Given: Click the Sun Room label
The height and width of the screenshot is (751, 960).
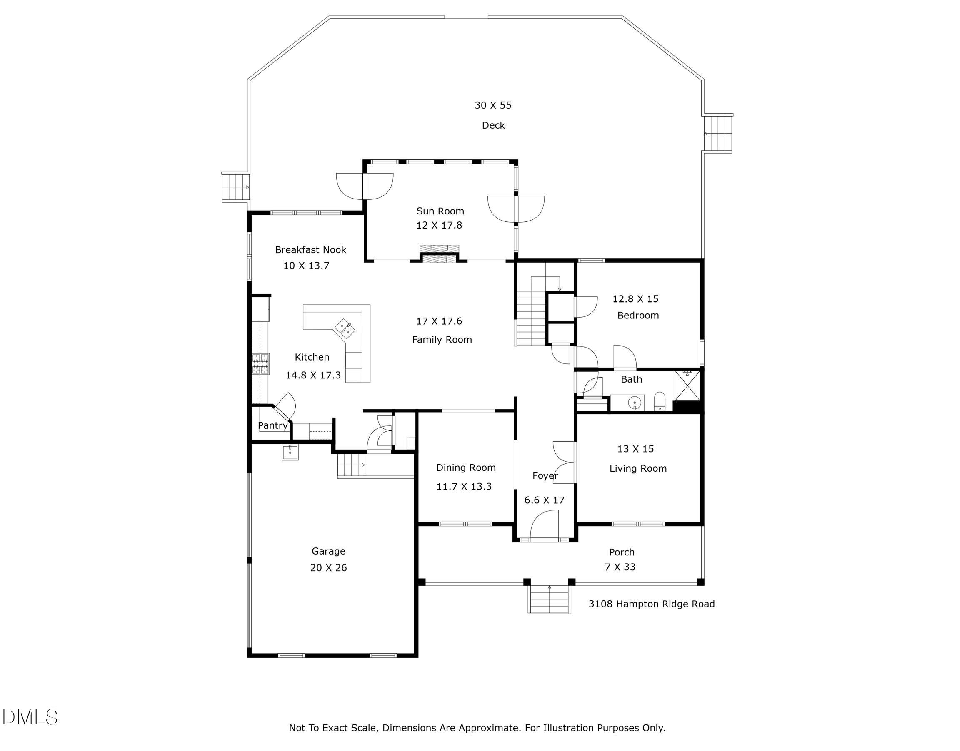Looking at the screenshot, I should click(440, 211).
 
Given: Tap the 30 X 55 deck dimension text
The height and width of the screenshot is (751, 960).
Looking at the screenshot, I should click(493, 105).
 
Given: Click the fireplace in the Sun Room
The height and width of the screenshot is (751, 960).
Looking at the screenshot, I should click(439, 254).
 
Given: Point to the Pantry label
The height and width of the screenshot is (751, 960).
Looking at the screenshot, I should click(273, 425).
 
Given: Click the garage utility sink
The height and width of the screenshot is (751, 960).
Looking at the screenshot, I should click(290, 452).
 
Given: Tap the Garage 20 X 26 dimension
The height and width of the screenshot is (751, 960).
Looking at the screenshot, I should click(329, 568).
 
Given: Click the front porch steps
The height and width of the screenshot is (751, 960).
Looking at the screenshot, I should click(549, 600).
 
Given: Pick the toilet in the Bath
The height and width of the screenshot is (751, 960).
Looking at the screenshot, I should click(660, 402).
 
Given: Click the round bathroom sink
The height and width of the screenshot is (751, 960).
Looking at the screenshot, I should click(635, 403).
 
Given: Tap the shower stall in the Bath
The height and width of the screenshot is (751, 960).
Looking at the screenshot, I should click(687, 385).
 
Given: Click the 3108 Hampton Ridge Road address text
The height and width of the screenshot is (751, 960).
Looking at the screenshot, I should click(652, 604).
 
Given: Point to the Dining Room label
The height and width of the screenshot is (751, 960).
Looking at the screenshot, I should click(466, 468).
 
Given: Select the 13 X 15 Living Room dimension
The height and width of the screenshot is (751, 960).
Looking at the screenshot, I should click(635, 449).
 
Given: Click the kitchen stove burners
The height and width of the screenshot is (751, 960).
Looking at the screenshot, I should click(260, 364).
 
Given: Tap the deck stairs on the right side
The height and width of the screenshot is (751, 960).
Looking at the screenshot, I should click(718, 134).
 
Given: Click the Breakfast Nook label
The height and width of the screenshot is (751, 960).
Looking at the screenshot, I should click(310, 250).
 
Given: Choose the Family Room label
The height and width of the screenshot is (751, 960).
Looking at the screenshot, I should click(442, 340).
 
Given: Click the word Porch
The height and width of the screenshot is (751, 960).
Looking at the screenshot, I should click(621, 552).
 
